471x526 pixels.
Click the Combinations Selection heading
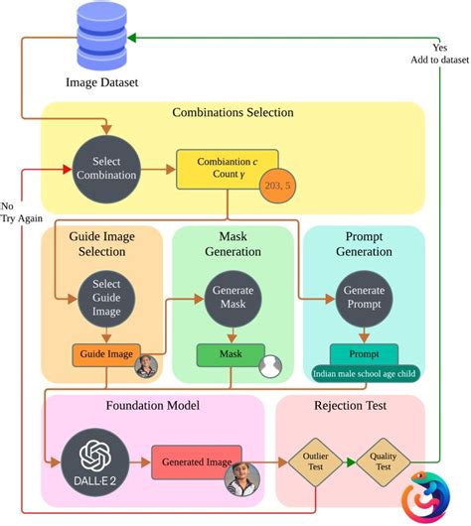point(233,113)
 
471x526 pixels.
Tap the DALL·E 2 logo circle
point(94,461)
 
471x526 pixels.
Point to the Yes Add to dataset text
point(440,54)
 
